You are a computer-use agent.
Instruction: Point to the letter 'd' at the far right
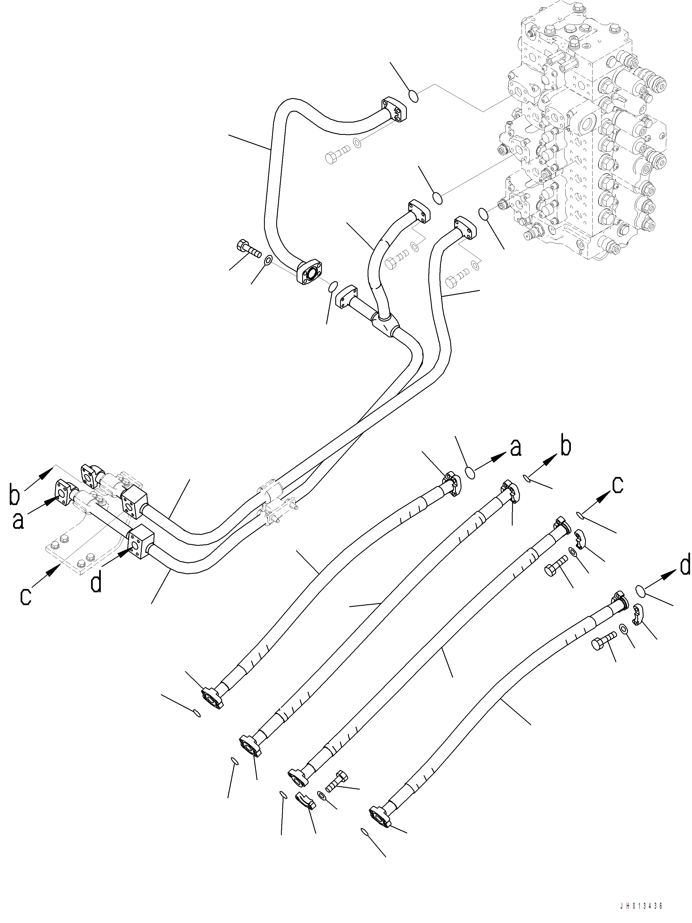[x=684, y=566]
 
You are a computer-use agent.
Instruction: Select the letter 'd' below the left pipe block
[x=96, y=583]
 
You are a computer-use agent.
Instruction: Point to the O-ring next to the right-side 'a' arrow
[x=470, y=473]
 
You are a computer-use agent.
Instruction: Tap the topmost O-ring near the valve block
[x=412, y=96]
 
